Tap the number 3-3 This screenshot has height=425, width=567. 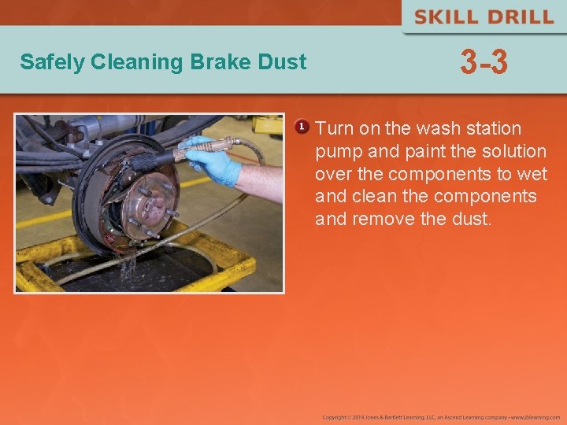tap(484, 62)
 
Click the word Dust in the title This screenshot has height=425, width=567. tap(283, 61)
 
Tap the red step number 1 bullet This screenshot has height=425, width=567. tap(301, 127)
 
